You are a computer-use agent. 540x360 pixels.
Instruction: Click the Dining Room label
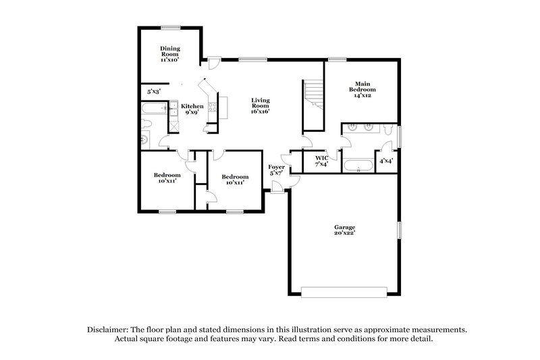[169, 54]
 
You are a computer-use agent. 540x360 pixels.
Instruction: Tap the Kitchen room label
[192, 109]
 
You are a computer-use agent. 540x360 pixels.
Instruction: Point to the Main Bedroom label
[362, 89]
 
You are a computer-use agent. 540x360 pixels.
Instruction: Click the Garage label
[344, 230]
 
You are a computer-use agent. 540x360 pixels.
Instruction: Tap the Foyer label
[276, 170]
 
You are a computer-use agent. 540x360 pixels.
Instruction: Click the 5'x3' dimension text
[154, 91]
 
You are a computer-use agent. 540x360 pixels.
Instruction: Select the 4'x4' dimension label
[386, 161]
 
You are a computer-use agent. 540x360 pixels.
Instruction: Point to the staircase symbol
[312, 95]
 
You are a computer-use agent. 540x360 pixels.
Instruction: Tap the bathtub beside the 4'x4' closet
[359, 165]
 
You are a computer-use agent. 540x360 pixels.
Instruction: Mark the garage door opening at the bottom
[344, 292]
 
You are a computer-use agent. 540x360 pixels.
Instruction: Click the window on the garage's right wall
[400, 230]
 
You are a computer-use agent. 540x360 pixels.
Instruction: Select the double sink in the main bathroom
[361, 127]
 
